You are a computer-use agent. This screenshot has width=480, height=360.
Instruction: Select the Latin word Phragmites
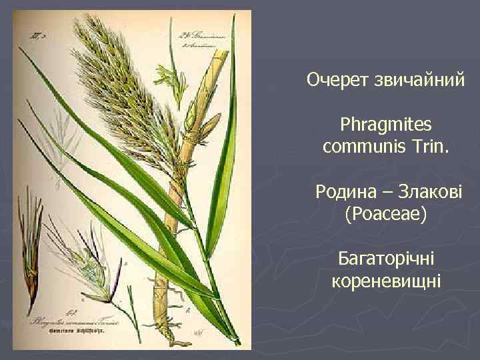click(x=386, y=125)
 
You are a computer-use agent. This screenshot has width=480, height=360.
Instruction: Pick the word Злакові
click(x=427, y=193)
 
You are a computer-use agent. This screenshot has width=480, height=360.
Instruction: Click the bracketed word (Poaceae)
click(x=386, y=214)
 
